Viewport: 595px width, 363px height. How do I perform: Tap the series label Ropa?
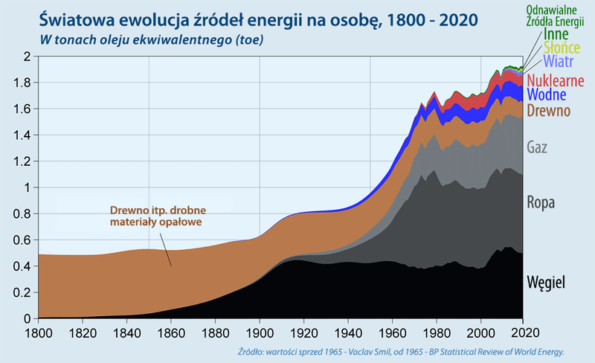541,202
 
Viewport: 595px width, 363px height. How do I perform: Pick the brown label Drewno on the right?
547,112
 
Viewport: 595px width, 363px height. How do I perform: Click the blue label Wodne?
547,95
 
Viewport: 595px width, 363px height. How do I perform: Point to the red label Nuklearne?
555,80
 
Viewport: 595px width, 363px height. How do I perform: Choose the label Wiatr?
557,60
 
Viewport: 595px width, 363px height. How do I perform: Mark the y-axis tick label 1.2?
22,161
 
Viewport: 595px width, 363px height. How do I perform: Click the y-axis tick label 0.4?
22,266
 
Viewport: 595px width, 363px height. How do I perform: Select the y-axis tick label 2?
28,57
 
